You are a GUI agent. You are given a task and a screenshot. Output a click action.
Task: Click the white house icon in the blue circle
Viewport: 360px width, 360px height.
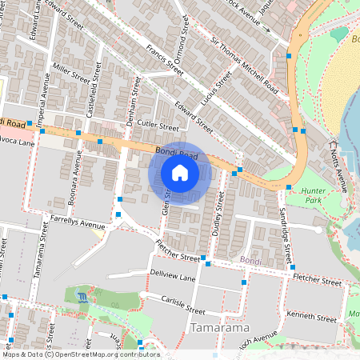coord(180,173)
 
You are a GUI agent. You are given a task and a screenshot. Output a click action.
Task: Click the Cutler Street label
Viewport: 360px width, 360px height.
coord(157,126)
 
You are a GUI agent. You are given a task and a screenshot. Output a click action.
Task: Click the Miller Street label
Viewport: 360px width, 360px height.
coord(71,74)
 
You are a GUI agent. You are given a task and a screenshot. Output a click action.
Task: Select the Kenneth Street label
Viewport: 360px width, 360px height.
coord(311,317)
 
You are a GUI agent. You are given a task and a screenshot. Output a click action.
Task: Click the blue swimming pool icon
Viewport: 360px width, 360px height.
coord(85,297)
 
